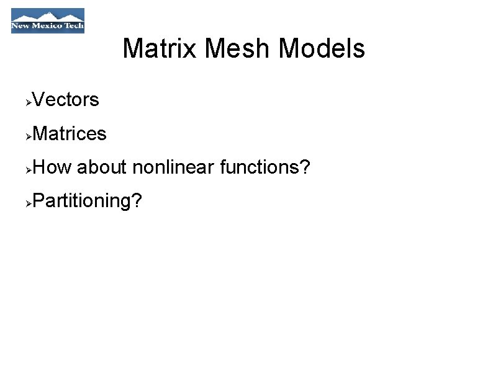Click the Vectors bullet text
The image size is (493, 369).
tap(65, 100)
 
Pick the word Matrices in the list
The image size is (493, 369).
tap(69, 133)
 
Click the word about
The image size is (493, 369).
tap(102, 167)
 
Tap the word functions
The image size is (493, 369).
tap(259, 167)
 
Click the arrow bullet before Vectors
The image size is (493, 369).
tap(28, 101)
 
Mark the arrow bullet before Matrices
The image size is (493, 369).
tap(28, 135)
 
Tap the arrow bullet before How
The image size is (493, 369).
tap(28, 168)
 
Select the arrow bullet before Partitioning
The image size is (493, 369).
tap(28, 202)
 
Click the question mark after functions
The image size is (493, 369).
tap(304, 167)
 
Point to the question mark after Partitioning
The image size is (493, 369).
tap(136, 200)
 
